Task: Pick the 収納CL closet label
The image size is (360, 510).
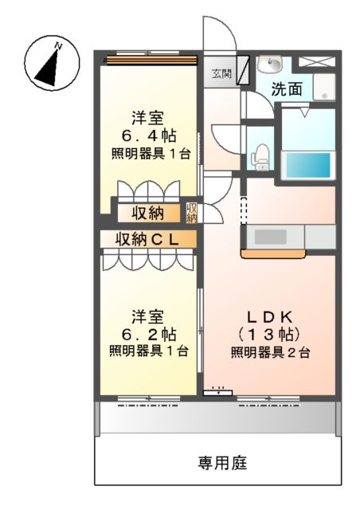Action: click(x=147, y=238)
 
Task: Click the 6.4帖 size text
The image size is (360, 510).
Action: click(x=148, y=134)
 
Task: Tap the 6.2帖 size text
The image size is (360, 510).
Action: click(x=148, y=332)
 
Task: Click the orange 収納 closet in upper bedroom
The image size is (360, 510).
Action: click(x=148, y=213)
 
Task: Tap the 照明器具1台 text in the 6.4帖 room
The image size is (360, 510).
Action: click(x=148, y=152)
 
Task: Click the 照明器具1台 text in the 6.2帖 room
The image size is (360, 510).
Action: click(x=148, y=351)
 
